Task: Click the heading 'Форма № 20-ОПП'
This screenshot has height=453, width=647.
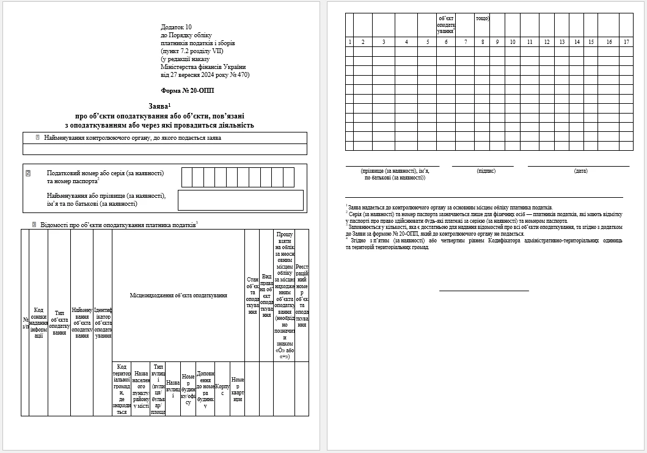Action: (x=192, y=90)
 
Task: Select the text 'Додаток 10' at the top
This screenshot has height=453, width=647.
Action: (x=176, y=27)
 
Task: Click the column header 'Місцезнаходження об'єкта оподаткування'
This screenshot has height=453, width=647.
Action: (x=178, y=295)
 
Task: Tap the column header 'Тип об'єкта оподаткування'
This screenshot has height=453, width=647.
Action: (x=59, y=322)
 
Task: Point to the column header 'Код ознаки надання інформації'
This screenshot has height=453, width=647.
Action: (x=38, y=322)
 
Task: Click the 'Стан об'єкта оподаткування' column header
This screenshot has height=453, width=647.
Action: (x=252, y=295)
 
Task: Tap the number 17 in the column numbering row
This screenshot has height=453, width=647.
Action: (x=626, y=42)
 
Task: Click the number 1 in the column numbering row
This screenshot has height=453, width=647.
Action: (x=349, y=42)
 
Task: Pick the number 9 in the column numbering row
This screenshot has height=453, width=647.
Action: (x=497, y=42)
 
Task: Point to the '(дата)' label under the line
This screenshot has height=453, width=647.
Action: (x=580, y=171)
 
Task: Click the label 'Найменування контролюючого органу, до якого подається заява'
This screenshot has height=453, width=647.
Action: (x=133, y=138)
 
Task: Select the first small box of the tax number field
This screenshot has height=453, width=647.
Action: (x=186, y=177)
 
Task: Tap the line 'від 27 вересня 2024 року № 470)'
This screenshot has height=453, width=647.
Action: (x=205, y=75)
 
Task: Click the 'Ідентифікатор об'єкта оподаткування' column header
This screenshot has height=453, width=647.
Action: (x=103, y=322)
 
